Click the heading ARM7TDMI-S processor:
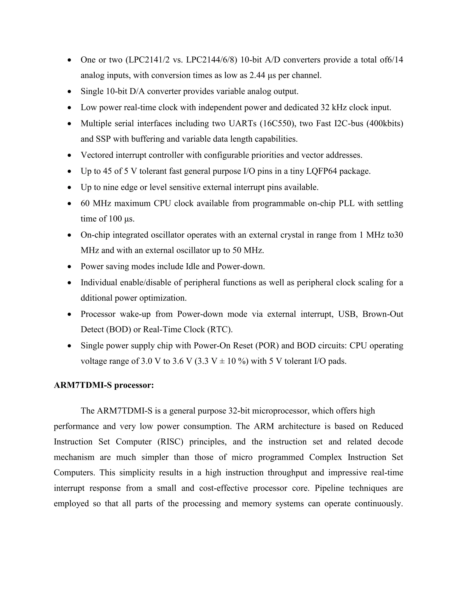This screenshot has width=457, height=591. pyautogui.click(x=104, y=385)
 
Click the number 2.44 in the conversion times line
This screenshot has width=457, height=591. pyautogui.click(x=257, y=75)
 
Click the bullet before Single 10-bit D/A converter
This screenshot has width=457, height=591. pyautogui.click(x=70, y=92)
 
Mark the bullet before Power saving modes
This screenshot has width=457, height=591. pyautogui.click(x=70, y=267)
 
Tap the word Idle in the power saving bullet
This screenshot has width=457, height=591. pyautogui.click(x=192, y=267)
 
